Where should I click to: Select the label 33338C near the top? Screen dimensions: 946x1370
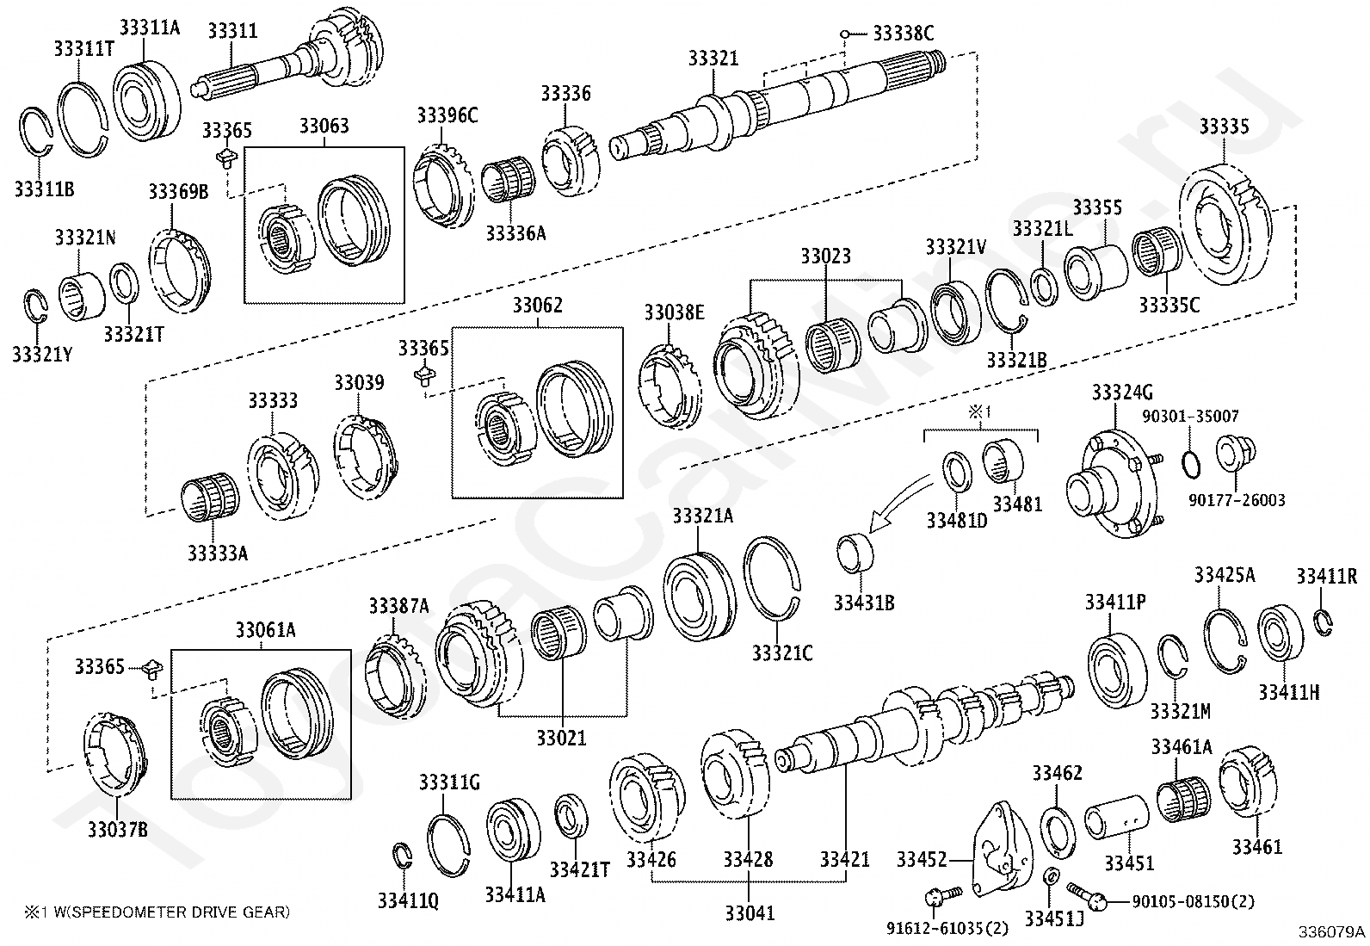903,34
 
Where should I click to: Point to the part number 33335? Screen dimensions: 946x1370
1224,127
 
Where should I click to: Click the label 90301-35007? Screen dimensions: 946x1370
1190,417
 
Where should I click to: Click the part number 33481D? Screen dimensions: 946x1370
957,521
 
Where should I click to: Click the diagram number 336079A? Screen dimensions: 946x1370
1332,932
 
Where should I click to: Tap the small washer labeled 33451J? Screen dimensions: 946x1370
1050,877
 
